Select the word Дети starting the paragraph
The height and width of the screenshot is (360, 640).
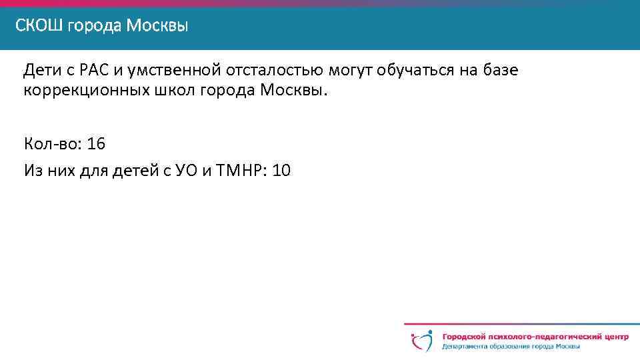point(40,70)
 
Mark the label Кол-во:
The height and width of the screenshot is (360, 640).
point(51,145)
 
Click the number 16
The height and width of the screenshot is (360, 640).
point(97,145)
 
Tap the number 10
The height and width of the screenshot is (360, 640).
point(281,171)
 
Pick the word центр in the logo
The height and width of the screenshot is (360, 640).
point(613,336)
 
